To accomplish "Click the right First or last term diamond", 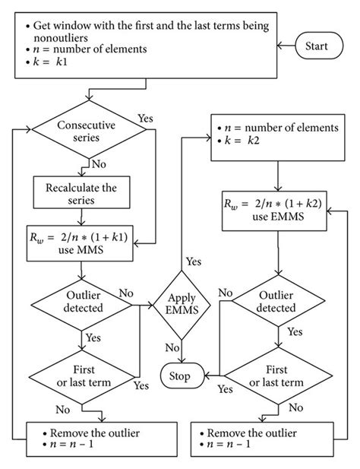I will coord(277,376).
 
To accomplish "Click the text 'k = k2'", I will coord(242,141).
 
